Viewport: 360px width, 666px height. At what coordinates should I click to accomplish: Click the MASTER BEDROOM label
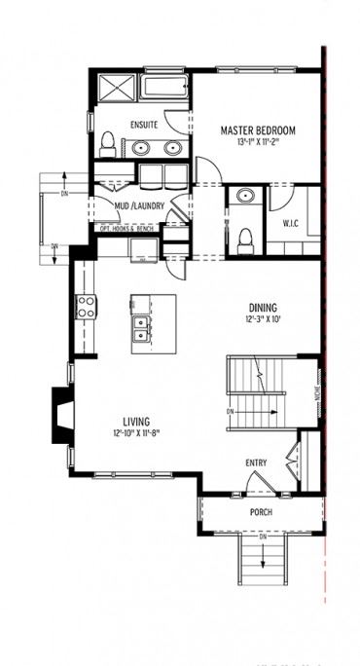click(258, 130)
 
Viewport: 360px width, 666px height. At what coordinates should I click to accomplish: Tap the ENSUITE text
click(143, 126)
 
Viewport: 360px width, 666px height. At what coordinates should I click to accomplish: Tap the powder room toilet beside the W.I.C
click(245, 237)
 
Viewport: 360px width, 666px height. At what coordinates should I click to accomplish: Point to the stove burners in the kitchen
click(86, 308)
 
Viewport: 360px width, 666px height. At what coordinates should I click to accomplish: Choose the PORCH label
click(260, 512)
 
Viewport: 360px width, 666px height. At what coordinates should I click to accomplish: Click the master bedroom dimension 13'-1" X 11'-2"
click(258, 143)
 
